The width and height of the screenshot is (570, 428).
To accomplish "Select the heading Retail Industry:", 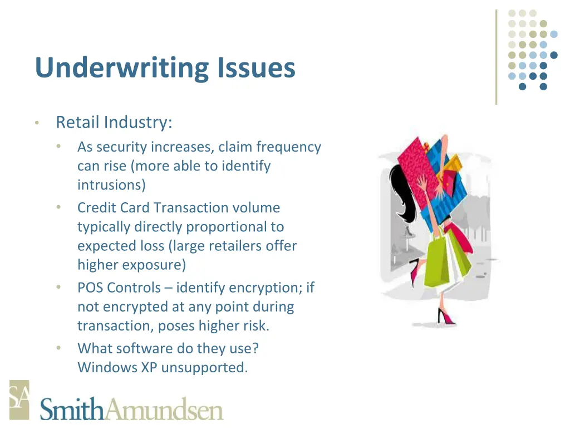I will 114,122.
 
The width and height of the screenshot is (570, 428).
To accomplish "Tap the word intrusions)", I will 111,184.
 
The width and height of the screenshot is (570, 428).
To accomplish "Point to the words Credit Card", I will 114,208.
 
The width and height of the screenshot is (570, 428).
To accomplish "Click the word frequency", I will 289,147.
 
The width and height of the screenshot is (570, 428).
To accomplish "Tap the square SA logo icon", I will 19,400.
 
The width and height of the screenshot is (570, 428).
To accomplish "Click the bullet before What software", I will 59,348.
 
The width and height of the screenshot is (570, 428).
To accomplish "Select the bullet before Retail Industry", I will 36,123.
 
